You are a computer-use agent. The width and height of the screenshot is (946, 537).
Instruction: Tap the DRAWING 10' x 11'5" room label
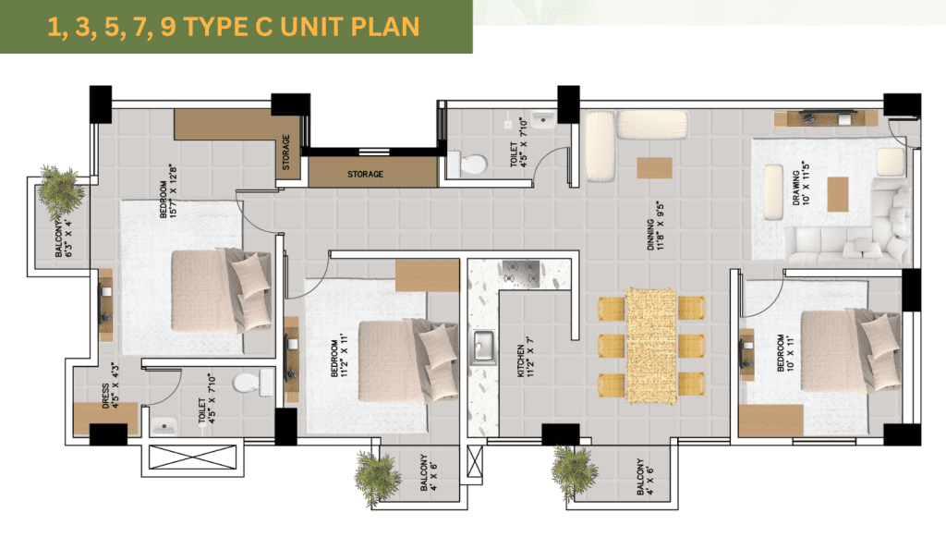(801, 183)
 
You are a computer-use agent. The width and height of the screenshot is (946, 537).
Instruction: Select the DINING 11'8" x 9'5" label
(655, 226)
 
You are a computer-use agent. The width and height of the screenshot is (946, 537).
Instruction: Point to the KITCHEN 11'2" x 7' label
(526, 357)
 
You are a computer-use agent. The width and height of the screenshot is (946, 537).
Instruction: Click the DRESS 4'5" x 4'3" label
(111, 384)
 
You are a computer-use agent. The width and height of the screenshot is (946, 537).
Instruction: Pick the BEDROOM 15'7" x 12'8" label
(168, 190)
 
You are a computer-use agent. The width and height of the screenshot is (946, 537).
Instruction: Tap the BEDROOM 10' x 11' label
(785, 353)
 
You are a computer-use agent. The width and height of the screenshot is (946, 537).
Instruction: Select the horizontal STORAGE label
(365, 174)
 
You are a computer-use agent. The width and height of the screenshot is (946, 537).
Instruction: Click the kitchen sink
(482, 347)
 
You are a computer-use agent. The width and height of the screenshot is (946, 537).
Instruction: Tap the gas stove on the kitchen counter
(521, 273)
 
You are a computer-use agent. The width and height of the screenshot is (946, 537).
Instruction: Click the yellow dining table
(651, 346)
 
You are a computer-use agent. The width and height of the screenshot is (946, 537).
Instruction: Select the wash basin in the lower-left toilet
(163, 425)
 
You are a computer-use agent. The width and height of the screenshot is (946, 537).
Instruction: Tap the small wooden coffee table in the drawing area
(837, 194)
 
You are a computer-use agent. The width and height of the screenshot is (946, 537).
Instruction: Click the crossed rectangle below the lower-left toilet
(193, 457)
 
